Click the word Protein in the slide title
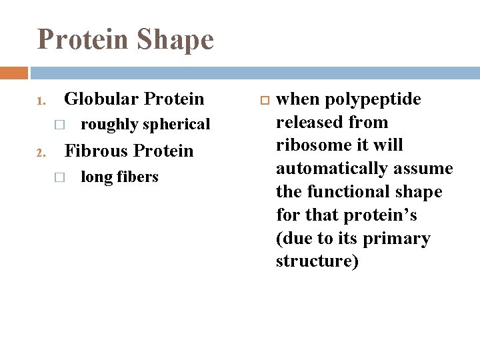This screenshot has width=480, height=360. [82, 39]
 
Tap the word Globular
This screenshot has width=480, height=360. [101, 99]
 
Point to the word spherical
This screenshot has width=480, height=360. [175, 125]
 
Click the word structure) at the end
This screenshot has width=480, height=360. [317, 261]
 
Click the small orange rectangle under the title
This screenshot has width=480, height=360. [14, 73]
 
